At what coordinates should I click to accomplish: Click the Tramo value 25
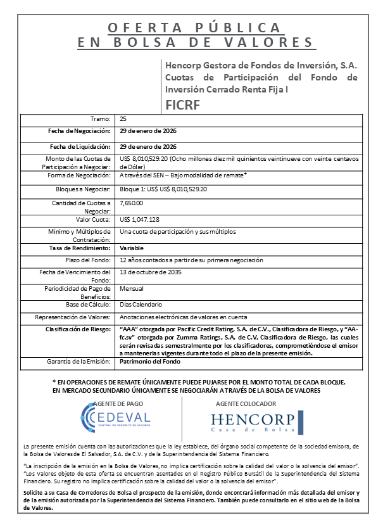[x=123, y=118]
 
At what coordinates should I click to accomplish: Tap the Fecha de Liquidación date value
[x=148, y=146]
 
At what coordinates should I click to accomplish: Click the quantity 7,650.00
[x=131, y=203]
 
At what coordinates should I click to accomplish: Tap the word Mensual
[x=131, y=288]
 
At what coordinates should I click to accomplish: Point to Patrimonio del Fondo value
[x=150, y=362]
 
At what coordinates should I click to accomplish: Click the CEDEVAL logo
[x=115, y=417]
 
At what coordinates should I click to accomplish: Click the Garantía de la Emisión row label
[x=78, y=362]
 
